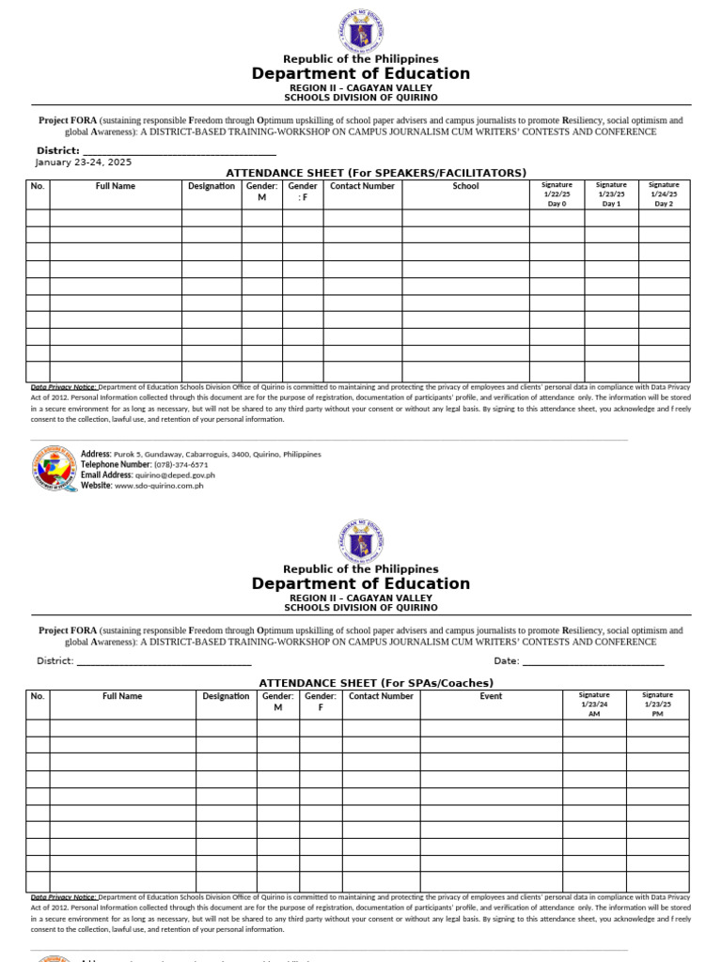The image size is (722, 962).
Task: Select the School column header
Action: click(x=465, y=186)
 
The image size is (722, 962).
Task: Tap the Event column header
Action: click(x=491, y=696)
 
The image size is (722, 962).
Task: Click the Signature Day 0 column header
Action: click(x=557, y=194)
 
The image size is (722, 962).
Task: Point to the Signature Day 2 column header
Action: click(x=664, y=194)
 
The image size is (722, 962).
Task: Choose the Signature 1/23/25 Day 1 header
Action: click(x=611, y=194)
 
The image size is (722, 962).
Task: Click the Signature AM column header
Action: click(x=593, y=705)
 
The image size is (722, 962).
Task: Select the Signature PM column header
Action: click(x=658, y=705)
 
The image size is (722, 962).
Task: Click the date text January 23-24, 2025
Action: click(x=84, y=162)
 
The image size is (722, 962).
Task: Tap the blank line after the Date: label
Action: click(x=592, y=661)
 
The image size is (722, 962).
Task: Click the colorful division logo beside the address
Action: click(x=54, y=469)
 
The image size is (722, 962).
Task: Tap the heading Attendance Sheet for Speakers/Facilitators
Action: click(x=376, y=173)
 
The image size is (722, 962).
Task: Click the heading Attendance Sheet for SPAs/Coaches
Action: click(x=376, y=682)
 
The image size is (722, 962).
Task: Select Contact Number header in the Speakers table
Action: click(x=363, y=186)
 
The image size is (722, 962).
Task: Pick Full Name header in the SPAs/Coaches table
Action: click(x=122, y=696)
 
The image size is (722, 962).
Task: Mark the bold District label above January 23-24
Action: click(x=57, y=150)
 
